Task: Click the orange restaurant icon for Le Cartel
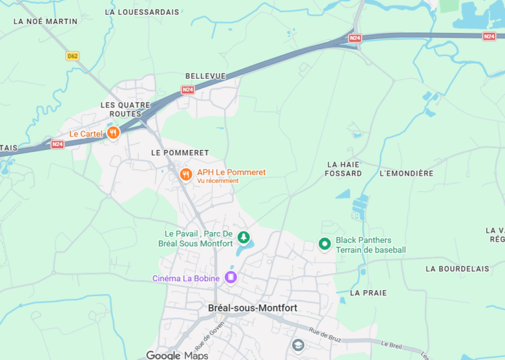click(113, 133)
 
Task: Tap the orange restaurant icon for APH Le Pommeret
click(187, 175)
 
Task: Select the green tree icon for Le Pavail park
click(244, 238)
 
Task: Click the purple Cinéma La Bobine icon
click(231, 277)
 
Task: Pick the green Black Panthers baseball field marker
click(325, 244)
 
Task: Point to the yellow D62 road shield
click(73, 56)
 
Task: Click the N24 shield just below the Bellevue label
click(188, 89)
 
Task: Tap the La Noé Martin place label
click(45, 22)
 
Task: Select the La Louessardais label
click(142, 12)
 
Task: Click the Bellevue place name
click(205, 77)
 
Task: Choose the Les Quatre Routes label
click(121, 110)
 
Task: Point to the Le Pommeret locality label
click(180, 153)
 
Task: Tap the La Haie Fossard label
click(344, 169)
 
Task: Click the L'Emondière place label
click(407, 174)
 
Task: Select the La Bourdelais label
click(457, 268)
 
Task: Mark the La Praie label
click(368, 293)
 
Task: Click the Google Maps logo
click(177, 355)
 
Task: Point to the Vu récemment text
click(217, 181)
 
